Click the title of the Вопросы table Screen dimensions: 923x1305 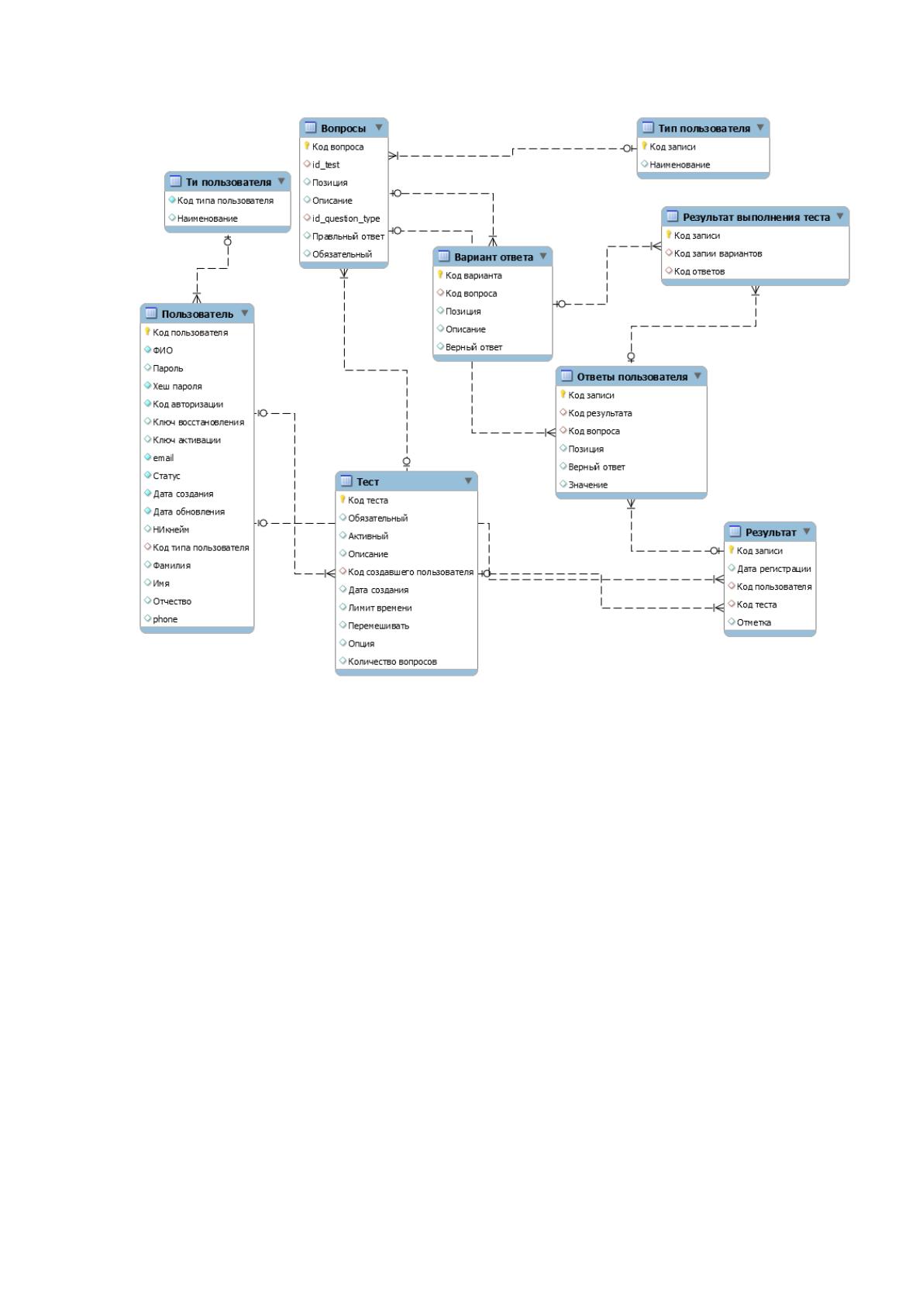[343, 128]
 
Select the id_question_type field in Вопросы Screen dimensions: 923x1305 [346, 219]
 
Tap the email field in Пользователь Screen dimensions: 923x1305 [164, 458]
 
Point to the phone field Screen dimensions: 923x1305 [165, 619]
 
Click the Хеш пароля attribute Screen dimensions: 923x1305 [177, 386]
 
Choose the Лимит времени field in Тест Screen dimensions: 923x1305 [380, 608]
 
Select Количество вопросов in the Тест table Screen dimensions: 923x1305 [392, 662]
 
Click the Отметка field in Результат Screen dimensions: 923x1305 [753, 623]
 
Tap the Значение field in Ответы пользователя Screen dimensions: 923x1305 [588, 484]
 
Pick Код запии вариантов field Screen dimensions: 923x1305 [718, 253]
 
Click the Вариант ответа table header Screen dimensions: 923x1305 [494, 257]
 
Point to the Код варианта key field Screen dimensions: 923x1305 [474, 276]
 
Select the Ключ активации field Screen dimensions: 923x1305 [187, 440]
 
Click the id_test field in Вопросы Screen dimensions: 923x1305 [325, 165]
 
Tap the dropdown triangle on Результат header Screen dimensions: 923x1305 [807, 532]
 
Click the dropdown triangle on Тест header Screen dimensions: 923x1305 [468, 480]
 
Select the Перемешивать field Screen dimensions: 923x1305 [378, 625]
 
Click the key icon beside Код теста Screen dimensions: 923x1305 [343, 499]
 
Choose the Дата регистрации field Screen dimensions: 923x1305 [774, 569]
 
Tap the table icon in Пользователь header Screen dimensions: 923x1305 [151, 313]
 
